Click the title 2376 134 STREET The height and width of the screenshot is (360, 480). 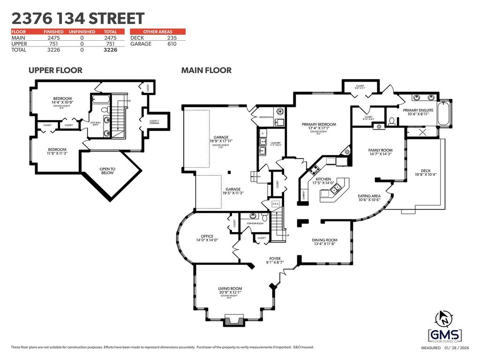78,19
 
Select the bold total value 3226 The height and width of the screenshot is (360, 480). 110,49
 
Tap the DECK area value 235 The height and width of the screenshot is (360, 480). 172,37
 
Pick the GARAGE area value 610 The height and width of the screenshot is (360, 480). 172,44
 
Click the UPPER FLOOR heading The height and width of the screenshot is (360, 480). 55,70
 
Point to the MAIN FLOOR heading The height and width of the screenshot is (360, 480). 206,70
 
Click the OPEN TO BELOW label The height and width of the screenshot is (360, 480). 107,171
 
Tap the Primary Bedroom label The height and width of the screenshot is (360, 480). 319,125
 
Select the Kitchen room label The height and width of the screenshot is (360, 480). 323,179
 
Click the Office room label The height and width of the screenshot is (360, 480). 207,236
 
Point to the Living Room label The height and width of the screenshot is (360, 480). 230,289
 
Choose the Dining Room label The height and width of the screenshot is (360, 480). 325,240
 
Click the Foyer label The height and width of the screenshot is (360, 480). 275,259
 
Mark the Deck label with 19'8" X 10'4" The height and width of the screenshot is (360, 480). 425,171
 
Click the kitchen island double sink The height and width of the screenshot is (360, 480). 336,189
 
